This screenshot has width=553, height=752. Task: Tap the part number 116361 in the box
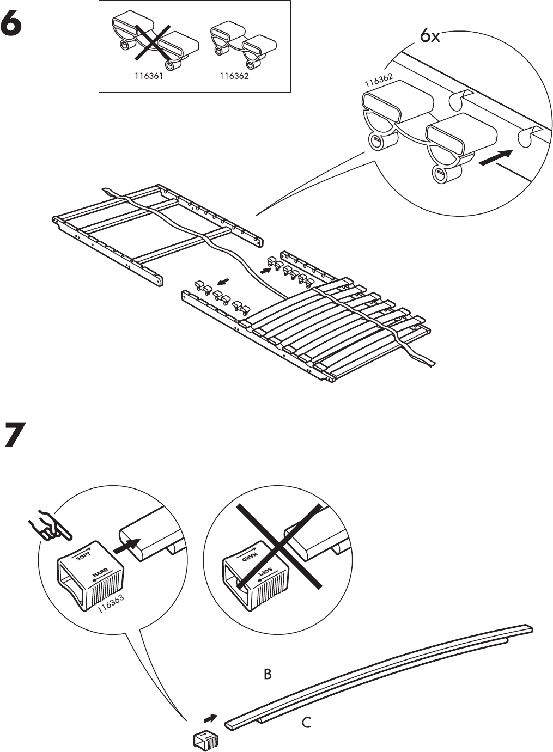[149, 77]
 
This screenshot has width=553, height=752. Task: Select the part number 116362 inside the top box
[234, 77]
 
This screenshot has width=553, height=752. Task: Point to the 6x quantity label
[430, 36]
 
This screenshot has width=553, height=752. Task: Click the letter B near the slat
[268, 674]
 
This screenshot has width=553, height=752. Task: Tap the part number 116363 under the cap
[111, 604]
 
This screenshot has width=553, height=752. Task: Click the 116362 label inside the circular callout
[379, 81]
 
